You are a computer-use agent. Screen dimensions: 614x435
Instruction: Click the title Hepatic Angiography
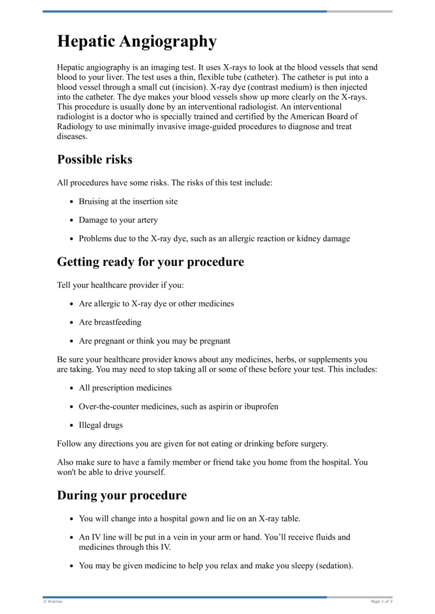[136, 42]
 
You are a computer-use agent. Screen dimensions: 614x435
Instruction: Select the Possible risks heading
[95, 160]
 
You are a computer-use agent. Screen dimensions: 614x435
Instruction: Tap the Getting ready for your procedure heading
[150, 262]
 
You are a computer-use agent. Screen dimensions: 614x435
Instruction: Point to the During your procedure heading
[122, 496]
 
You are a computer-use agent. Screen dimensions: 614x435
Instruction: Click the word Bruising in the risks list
[95, 202]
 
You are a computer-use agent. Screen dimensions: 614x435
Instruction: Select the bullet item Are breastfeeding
[110, 322]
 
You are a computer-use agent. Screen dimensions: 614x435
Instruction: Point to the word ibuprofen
[260, 406]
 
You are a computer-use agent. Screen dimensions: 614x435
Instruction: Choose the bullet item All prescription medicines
[125, 388]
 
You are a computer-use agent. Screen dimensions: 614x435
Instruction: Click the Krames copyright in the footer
[53, 602]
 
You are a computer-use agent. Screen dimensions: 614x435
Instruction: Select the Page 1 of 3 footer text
[381, 602]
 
